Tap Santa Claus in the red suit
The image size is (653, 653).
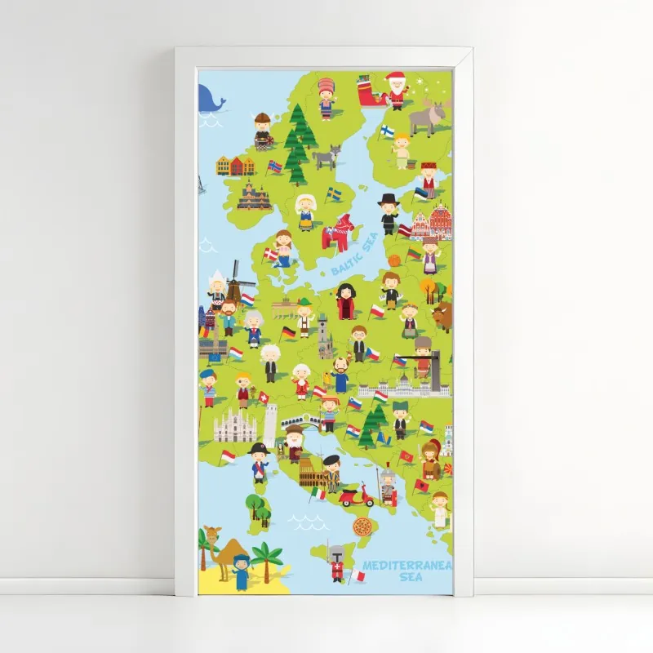(x=396, y=90)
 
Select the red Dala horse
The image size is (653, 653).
(x=336, y=233)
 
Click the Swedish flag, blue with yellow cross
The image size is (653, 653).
(x=334, y=194)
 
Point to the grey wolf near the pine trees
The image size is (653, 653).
(x=326, y=156)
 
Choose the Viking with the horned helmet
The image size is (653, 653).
(x=263, y=131)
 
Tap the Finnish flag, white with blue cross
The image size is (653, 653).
(x=386, y=131)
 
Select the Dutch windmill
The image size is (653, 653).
(x=236, y=280)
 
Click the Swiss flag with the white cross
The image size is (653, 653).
(x=264, y=397)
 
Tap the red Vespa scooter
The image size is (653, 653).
(x=356, y=495)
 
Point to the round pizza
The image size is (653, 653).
(x=362, y=527)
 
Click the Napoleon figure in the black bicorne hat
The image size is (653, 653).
(x=259, y=462)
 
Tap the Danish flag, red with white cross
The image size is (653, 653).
(x=269, y=255)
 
